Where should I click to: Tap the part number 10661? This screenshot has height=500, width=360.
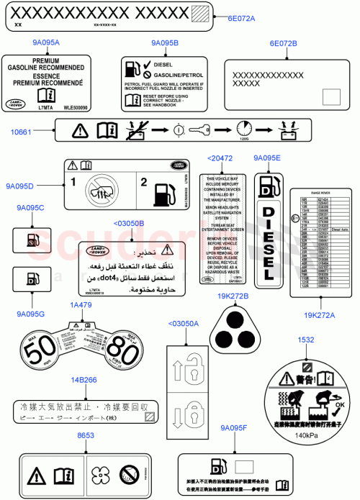[22, 132]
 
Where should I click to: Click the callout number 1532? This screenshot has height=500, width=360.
[305, 339]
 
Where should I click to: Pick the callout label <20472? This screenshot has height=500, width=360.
[219, 158]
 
